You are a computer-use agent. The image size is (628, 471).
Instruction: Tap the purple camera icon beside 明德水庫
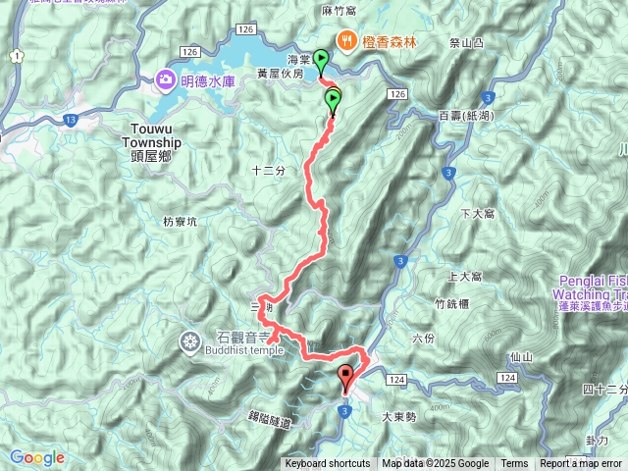click(x=164, y=79)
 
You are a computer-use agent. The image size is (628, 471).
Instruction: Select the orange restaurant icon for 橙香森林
click(x=346, y=40)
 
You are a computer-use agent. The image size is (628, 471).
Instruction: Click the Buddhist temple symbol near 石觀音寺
click(x=189, y=341)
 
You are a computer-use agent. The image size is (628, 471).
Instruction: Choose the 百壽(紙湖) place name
click(x=465, y=116)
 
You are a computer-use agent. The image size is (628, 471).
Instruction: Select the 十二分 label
click(x=268, y=171)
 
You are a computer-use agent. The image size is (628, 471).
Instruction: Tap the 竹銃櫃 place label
click(x=452, y=304)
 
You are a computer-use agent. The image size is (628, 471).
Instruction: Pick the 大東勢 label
click(x=401, y=416)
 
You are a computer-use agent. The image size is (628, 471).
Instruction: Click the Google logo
click(x=36, y=457)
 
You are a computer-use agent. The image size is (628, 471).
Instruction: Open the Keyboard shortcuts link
click(x=328, y=464)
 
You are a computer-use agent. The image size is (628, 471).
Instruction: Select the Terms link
click(x=514, y=464)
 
